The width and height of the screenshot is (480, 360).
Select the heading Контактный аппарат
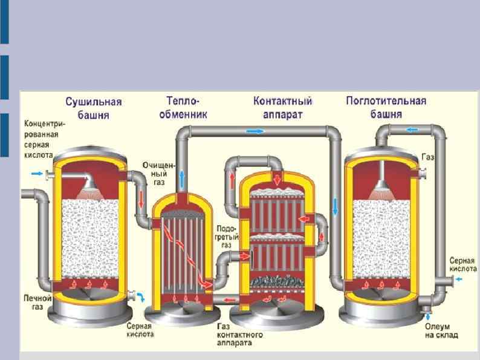pyautogui.click(x=282, y=106)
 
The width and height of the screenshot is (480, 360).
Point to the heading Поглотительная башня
pyautogui.click(x=386, y=106)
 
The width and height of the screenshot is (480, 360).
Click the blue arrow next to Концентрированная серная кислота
pyautogui.click(x=37, y=174)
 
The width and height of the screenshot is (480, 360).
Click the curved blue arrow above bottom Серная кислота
pyautogui.click(x=142, y=297)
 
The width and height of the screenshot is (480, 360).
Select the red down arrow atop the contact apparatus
pyautogui.click(x=276, y=178)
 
